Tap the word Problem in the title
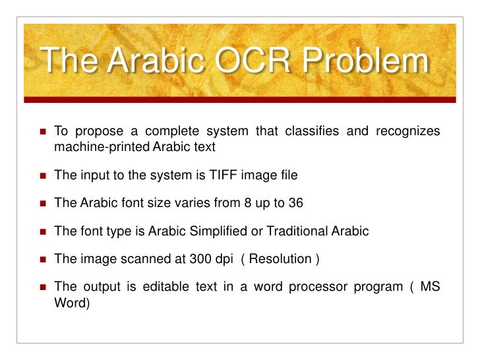tap(363, 63)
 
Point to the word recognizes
tap(407, 131)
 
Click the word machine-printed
tap(102, 146)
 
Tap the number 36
tap(296, 203)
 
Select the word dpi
tap(229, 260)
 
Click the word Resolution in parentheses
tap(284, 260)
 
